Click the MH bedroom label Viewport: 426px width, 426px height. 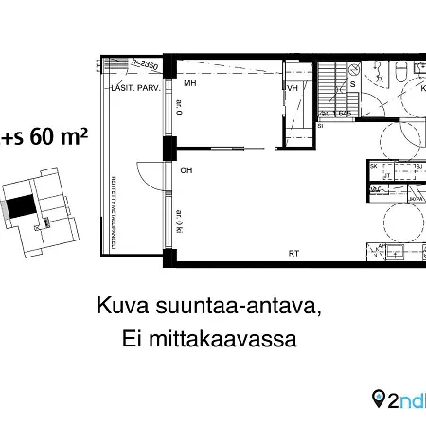click(189, 83)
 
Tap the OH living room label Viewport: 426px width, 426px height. click(188, 170)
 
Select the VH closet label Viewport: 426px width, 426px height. click(293, 88)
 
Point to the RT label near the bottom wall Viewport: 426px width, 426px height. click(294, 253)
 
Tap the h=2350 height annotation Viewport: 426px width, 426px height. click(144, 65)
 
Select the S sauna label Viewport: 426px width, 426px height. click(353, 84)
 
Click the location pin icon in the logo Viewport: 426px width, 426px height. click(380, 399)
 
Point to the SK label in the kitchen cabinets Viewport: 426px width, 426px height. click(374, 166)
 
